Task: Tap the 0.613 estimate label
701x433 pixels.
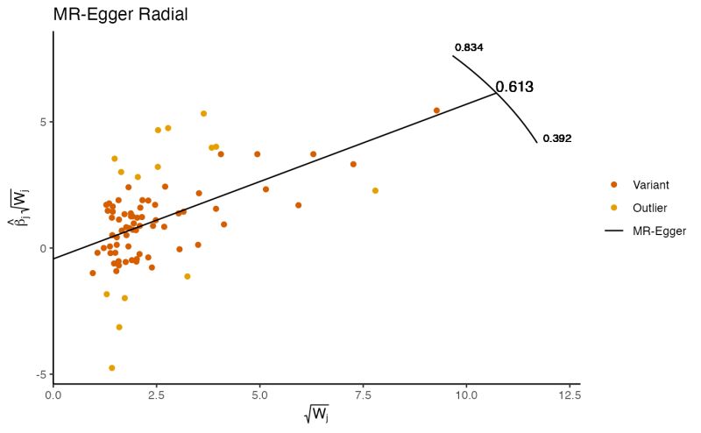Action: [514, 88]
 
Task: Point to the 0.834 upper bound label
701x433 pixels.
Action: [469, 47]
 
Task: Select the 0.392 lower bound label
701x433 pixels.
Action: [557, 138]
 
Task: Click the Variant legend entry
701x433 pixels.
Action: [650, 185]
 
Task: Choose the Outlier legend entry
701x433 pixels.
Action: [649, 208]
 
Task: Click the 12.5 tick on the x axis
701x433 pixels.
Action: [569, 395]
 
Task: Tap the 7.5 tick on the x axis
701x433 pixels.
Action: [363, 395]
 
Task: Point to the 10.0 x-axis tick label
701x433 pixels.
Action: [465, 395]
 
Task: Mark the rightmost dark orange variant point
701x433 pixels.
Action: [436, 110]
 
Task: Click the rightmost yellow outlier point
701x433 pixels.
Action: [375, 190]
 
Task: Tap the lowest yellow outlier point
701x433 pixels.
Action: [111, 368]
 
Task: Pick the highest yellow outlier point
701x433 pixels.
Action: [203, 113]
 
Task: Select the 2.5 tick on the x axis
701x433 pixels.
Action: [156, 395]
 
